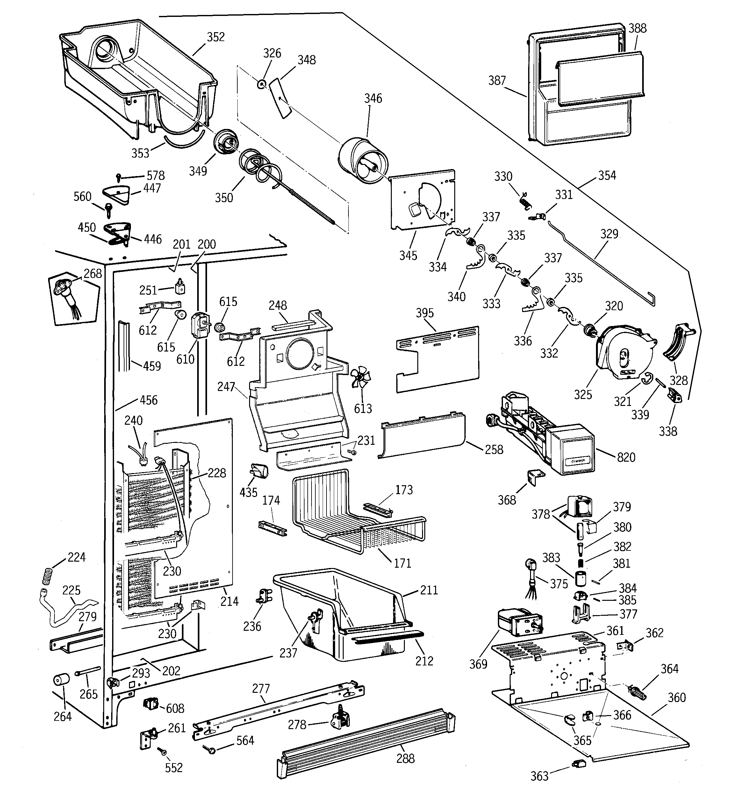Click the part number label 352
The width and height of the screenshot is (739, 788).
[216, 37]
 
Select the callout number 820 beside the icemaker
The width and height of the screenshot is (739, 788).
[626, 458]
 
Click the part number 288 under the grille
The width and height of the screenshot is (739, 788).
[405, 758]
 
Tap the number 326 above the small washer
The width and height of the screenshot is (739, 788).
[272, 53]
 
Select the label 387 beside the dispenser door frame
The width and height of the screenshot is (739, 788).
[497, 81]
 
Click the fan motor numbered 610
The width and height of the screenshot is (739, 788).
[199, 326]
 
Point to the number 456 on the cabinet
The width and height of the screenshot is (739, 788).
[149, 400]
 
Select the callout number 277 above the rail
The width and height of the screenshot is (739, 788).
[261, 689]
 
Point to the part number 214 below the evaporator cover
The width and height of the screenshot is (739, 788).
[229, 601]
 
